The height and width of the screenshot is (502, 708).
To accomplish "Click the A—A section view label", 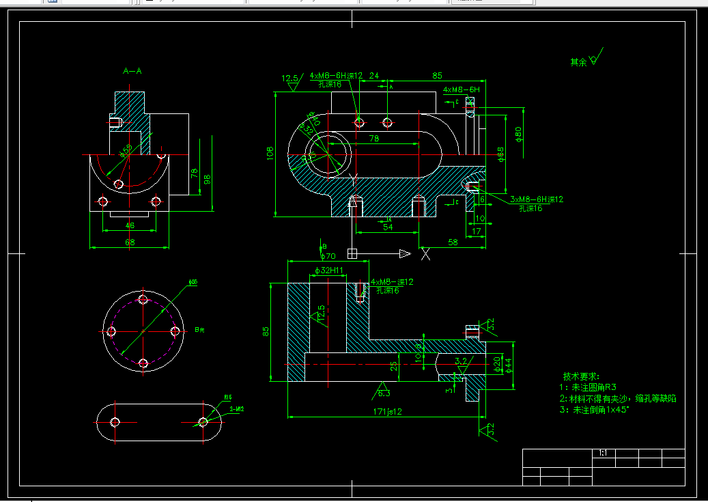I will pyautogui.click(x=132, y=70).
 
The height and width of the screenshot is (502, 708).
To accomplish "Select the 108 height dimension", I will pyautogui.click(x=270, y=150).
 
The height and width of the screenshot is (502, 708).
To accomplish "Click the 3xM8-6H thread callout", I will pyautogui.click(x=537, y=199).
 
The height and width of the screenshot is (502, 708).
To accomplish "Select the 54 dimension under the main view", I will pyautogui.click(x=387, y=227).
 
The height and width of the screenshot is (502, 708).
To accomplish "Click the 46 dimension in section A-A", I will pyautogui.click(x=129, y=225).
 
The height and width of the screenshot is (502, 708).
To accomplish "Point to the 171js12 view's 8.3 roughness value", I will pyautogui.click(x=383, y=393).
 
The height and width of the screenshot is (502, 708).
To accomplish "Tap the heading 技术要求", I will pyautogui.click(x=581, y=376).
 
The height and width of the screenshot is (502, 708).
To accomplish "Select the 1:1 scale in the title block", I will pyautogui.click(x=603, y=453).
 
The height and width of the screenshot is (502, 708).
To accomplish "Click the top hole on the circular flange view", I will pyautogui.click(x=143, y=299).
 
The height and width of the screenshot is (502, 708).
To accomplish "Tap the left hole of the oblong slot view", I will pyautogui.click(x=115, y=421).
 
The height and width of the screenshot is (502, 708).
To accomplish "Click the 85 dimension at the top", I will pyautogui.click(x=437, y=75).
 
